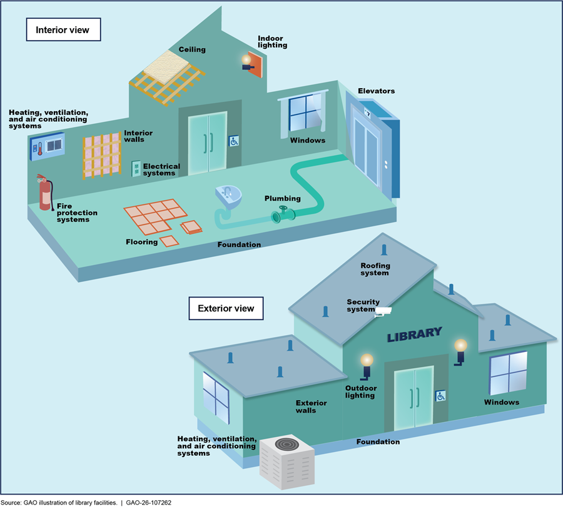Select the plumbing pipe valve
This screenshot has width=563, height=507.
(x=283, y=216)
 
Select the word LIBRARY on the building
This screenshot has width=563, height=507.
(x=414, y=334)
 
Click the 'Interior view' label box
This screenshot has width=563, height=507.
(x=63, y=30)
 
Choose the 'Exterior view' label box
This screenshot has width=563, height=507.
(x=226, y=308)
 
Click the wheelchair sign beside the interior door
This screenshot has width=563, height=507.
(x=233, y=141)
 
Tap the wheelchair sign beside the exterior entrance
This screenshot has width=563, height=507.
(x=440, y=396)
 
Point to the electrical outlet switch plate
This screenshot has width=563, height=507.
(x=136, y=168)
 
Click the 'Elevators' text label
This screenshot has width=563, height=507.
(x=376, y=91)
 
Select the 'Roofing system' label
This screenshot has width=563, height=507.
(x=375, y=269)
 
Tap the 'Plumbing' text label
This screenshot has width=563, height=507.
(x=282, y=198)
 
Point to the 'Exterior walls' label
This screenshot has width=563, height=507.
(x=311, y=407)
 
